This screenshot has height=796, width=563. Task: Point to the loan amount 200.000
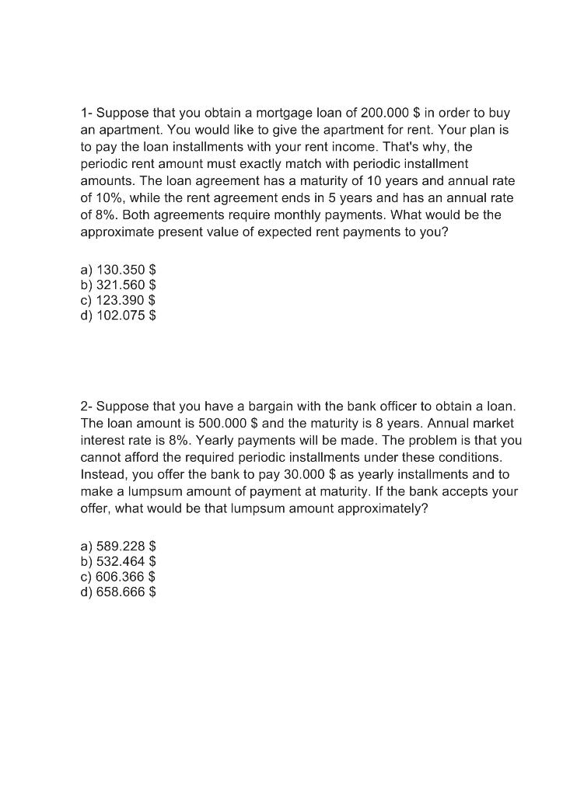[387, 113]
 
